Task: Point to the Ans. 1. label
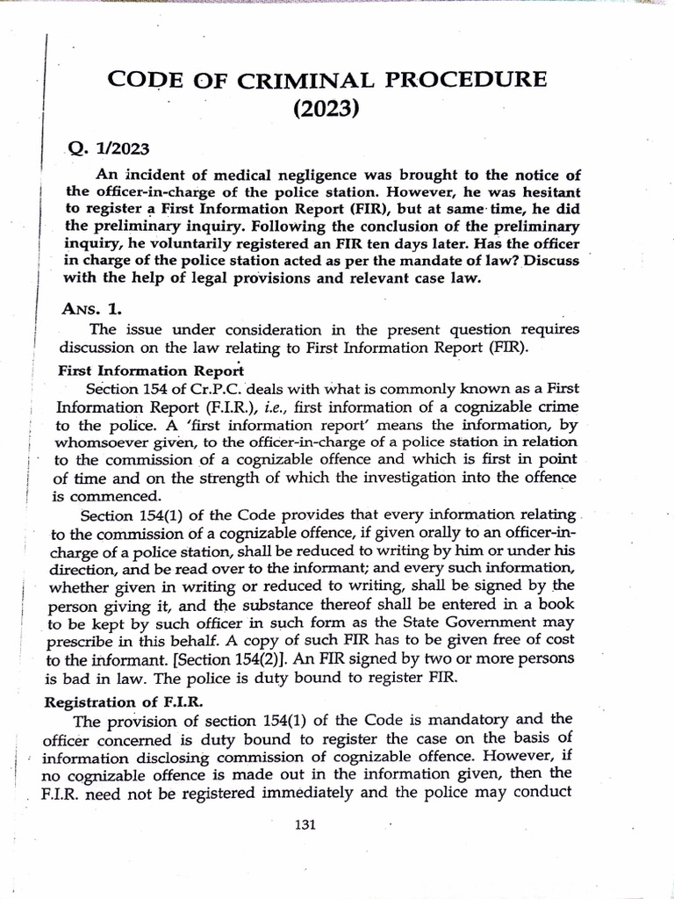pos(94,309)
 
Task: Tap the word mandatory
pos(503,722)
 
